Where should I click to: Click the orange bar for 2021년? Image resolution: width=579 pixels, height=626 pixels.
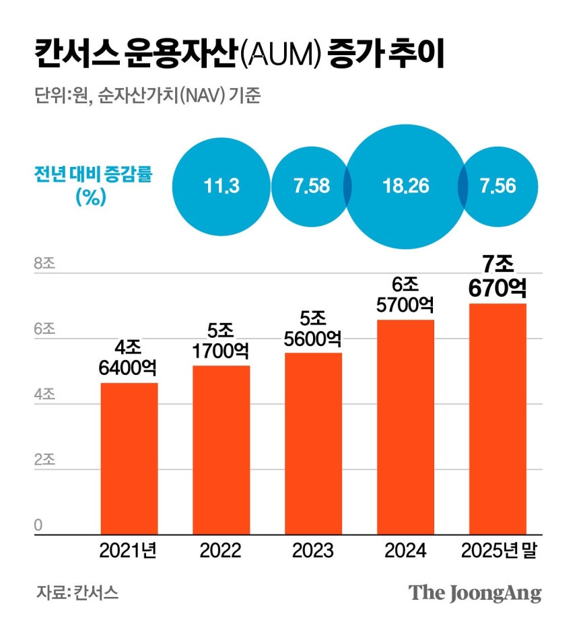click(129, 458)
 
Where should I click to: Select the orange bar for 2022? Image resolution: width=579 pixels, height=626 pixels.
click(222, 450)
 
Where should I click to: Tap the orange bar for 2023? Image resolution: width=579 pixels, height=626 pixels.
click(314, 444)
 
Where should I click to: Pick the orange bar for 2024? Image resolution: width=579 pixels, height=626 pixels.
click(406, 427)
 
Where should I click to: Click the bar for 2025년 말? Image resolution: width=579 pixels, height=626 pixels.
click(498, 419)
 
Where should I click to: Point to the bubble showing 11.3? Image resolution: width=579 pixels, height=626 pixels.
click(222, 186)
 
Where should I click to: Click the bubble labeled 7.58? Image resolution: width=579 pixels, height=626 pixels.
click(312, 186)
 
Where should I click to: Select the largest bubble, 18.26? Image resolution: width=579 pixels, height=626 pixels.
click(406, 186)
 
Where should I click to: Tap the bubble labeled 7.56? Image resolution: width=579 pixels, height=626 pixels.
click(498, 186)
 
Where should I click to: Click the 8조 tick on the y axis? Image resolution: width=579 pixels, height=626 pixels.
click(44, 263)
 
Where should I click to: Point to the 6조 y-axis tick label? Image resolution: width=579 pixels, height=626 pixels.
click(44, 329)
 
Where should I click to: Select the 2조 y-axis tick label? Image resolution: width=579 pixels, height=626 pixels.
click(44, 460)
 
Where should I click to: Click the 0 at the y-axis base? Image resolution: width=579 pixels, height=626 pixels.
click(38, 525)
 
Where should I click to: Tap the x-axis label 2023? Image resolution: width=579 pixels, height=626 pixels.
click(313, 551)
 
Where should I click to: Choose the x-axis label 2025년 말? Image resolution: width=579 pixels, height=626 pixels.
click(499, 551)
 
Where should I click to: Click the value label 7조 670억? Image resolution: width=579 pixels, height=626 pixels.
click(498, 276)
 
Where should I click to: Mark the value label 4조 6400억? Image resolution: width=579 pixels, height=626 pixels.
click(128, 358)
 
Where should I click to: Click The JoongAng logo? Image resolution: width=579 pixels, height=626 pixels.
click(475, 593)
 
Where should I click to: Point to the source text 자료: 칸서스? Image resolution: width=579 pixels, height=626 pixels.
click(77, 592)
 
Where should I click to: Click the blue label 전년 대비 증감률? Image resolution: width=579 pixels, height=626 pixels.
click(93, 174)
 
